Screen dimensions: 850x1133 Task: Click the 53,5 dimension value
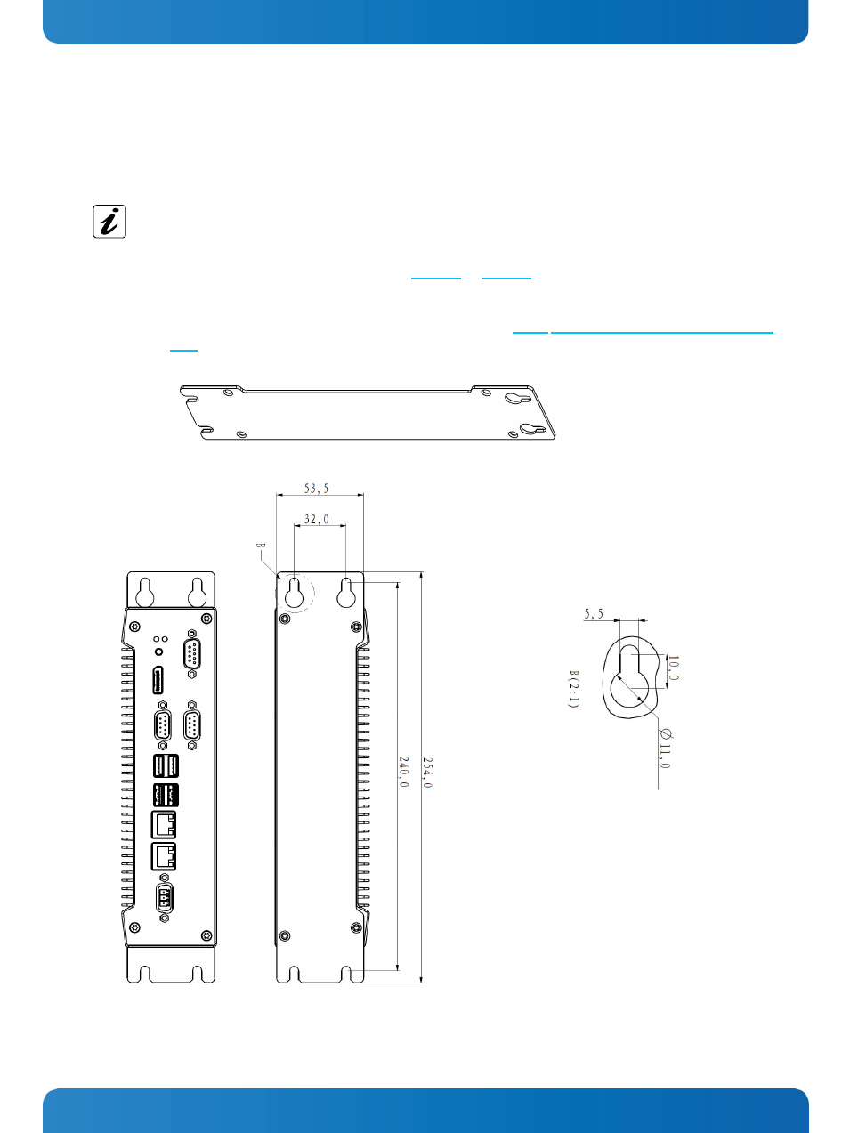(x=316, y=489)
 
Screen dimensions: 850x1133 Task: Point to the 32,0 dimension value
(x=316, y=519)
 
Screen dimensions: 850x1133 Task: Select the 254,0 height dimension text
(x=427, y=773)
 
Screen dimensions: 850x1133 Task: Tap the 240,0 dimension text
(x=403, y=772)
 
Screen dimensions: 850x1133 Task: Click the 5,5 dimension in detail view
(x=593, y=614)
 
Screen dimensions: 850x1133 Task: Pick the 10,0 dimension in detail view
(x=673, y=668)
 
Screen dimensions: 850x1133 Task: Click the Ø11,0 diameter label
(x=665, y=749)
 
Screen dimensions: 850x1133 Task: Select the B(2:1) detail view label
(x=573, y=689)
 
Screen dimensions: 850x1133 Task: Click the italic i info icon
(x=109, y=222)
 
